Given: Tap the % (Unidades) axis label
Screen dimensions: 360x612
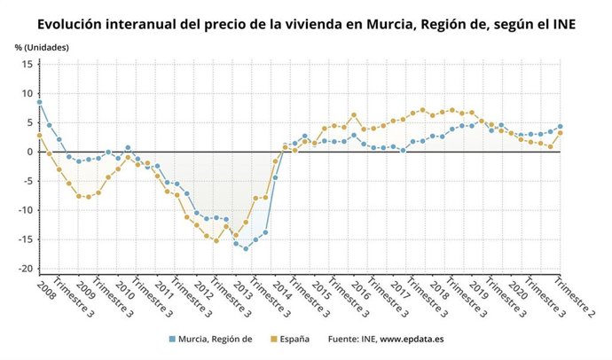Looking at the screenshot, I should click(x=42, y=46).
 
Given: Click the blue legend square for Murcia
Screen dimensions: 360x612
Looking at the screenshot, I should click(x=172, y=339).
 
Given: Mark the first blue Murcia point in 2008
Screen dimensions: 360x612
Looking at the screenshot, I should click(x=39, y=102).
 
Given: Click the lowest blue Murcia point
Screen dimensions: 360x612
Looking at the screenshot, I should click(x=246, y=248).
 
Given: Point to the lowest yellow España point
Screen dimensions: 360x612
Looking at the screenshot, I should click(x=216, y=240).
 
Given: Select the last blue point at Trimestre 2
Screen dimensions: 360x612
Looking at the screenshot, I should click(x=560, y=127).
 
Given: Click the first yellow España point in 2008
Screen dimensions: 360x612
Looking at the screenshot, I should click(x=39, y=136).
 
